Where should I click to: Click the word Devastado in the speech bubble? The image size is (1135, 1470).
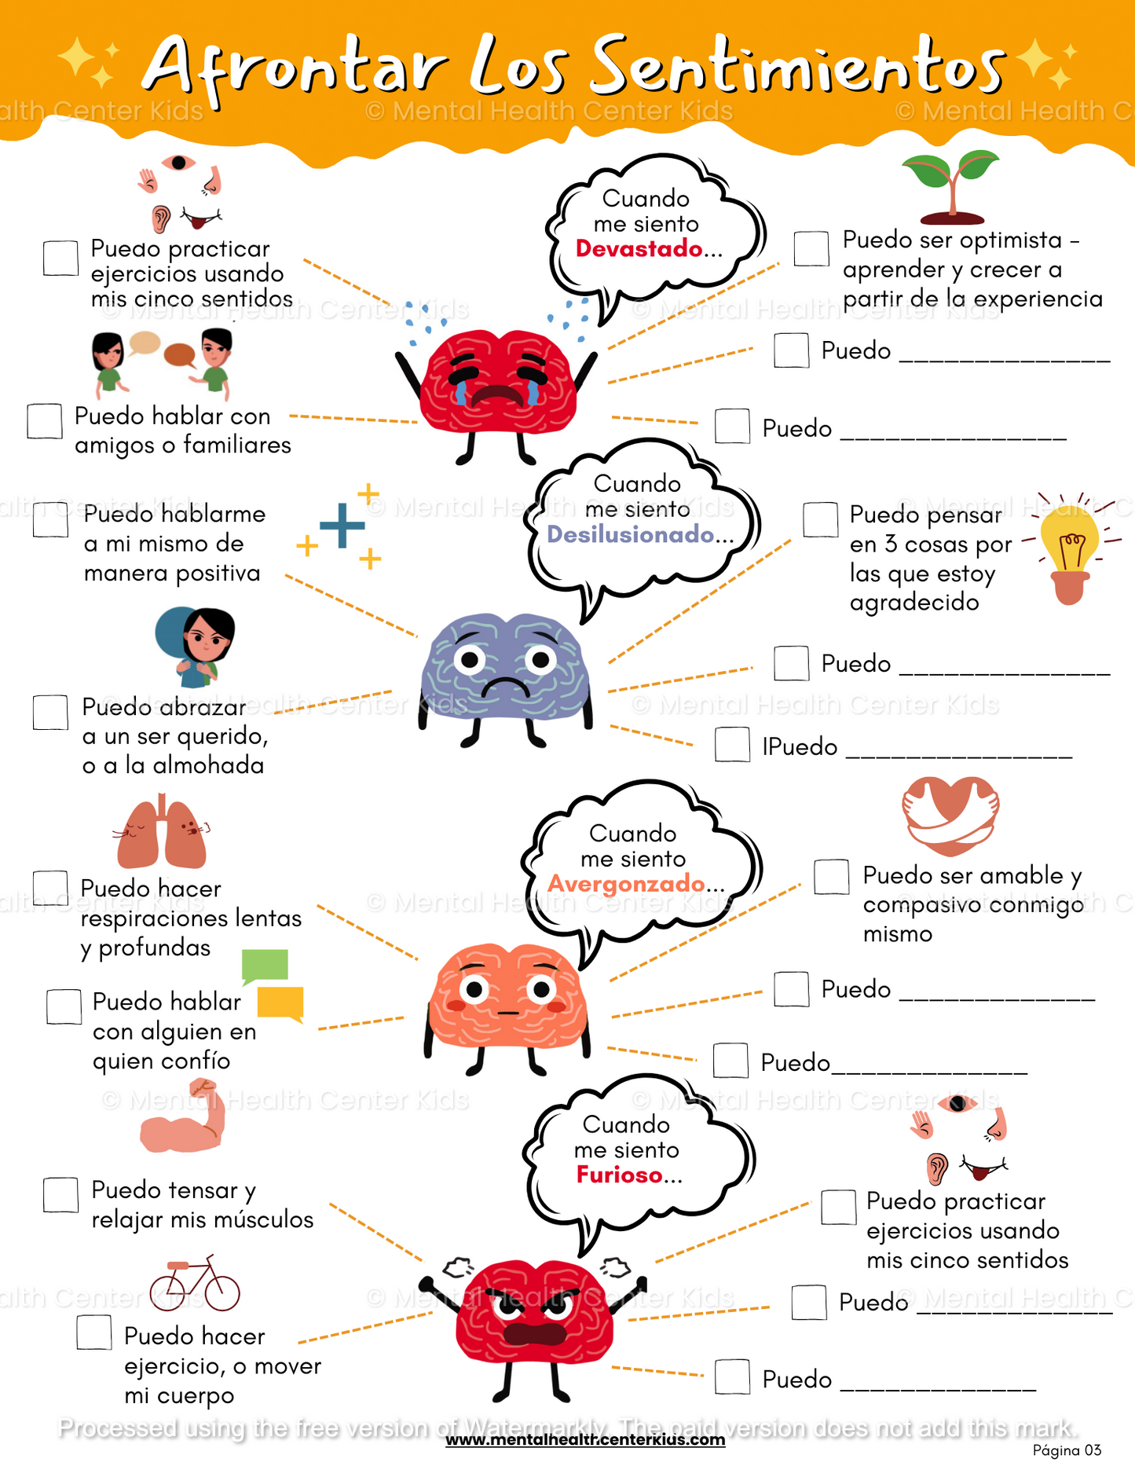(639, 249)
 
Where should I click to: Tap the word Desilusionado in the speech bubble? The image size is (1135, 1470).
(630, 535)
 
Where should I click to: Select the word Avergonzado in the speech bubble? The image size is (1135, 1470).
(626, 884)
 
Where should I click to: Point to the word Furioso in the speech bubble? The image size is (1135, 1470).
(620, 1175)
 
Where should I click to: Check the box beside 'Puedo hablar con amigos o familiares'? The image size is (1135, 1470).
(45, 421)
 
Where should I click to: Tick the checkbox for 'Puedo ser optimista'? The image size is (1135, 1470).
(811, 249)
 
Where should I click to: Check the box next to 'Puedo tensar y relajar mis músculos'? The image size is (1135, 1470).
(60, 1195)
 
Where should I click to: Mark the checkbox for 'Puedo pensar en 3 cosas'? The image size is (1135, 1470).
(821, 520)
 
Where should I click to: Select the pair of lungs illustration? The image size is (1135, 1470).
(162, 834)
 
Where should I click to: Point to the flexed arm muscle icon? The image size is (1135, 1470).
(183, 1118)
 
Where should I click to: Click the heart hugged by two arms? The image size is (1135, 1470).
(950, 816)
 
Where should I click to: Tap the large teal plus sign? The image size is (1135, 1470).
(342, 525)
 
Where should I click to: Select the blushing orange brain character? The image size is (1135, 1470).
(508, 998)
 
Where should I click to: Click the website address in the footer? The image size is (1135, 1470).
(585, 1440)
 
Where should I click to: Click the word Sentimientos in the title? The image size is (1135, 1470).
(796, 67)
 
